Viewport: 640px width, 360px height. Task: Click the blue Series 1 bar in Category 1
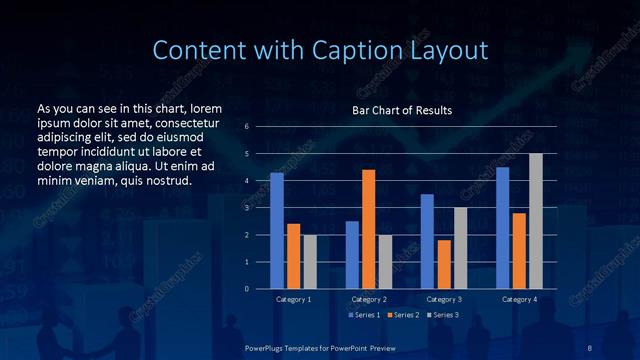[277, 231]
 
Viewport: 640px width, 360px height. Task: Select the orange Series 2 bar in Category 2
[368, 229]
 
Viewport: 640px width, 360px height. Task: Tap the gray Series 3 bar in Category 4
[535, 221]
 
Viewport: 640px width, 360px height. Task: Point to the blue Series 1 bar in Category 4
[502, 228]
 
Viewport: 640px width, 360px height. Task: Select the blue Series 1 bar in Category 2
[352, 255]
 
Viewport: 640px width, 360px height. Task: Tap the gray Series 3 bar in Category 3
[460, 248]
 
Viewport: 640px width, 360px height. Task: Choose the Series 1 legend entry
[364, 315]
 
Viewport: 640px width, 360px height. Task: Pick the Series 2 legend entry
[402, 315]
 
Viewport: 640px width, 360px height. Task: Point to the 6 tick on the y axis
[247, 127]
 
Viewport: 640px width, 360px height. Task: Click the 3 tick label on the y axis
[247, 208]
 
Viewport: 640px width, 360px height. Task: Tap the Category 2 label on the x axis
[368, 299]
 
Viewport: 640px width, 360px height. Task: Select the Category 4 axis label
[518, 299]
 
